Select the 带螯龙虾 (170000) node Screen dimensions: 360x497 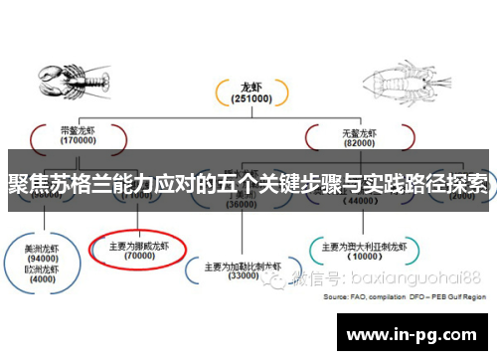(77, 134)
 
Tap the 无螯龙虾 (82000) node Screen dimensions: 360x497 (363, 134)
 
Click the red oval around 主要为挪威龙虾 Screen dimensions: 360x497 (138, 249)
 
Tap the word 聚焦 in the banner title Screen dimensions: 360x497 (27, 185)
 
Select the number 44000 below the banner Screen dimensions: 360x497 (363, 200)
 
